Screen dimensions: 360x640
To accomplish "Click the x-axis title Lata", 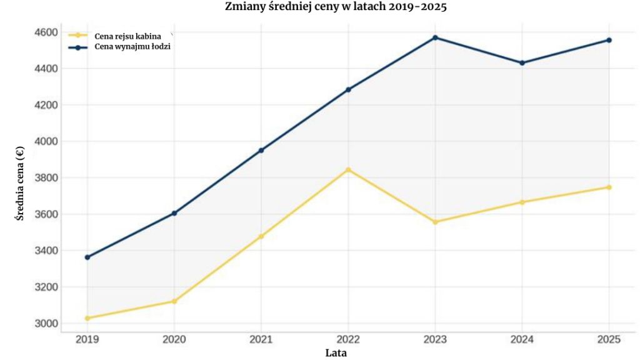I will click(336, 352).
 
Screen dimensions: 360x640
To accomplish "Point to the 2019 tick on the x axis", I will click(87, 339).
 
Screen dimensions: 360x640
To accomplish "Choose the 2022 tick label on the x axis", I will click(348, 339).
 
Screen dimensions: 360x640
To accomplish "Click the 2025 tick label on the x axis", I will click(609, 339).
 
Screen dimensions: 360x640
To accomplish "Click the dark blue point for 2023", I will click(436, 37).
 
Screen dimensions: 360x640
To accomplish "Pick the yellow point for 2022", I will click(349, 170).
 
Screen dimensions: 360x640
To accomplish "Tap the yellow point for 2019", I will click(87, 318).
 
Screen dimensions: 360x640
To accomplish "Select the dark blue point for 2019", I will click(87, 257).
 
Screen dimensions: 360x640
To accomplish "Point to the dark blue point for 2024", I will click(522, 62).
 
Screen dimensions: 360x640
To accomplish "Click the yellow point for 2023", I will click(436, 222).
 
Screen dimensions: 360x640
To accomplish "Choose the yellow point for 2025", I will click(609, 187).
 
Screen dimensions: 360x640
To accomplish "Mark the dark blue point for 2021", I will click(261, 150).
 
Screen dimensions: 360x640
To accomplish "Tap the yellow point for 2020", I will click(174, 301).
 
